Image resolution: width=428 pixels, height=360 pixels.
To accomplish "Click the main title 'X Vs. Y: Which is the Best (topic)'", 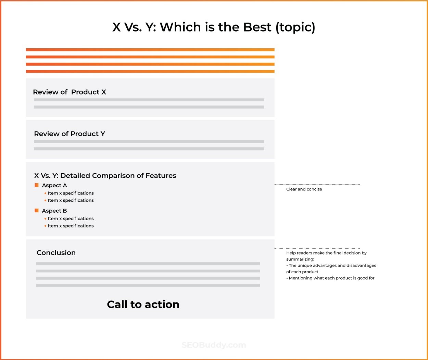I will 214,27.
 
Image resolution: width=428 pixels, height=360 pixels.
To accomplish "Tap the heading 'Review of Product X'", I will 70,92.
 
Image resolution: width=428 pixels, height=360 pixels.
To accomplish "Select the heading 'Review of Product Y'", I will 70,134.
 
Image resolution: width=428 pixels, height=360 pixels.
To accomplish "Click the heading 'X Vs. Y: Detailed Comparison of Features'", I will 105,176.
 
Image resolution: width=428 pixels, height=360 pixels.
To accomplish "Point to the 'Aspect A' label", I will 54,185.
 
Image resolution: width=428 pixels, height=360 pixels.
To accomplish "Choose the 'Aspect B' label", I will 54,211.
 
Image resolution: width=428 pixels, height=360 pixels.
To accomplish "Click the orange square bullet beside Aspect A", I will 37,185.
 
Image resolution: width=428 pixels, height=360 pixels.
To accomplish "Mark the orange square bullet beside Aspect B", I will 37,210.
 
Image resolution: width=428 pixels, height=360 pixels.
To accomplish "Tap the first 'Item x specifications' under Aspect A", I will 71,193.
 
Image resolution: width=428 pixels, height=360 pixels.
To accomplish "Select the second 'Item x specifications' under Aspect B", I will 71,226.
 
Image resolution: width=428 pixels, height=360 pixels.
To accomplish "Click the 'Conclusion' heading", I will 56,253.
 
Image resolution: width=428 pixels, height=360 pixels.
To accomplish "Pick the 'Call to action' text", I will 143,304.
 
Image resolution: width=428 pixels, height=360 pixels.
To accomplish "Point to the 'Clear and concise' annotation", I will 304,189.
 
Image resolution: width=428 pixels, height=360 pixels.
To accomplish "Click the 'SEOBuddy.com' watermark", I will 214,345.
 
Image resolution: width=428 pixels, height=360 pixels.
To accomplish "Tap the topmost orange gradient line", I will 150,50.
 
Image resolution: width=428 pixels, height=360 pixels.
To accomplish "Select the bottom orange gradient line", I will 150,71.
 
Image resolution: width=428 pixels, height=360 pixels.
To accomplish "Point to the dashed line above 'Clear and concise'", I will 317,185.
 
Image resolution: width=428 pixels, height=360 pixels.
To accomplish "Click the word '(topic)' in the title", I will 295,27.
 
